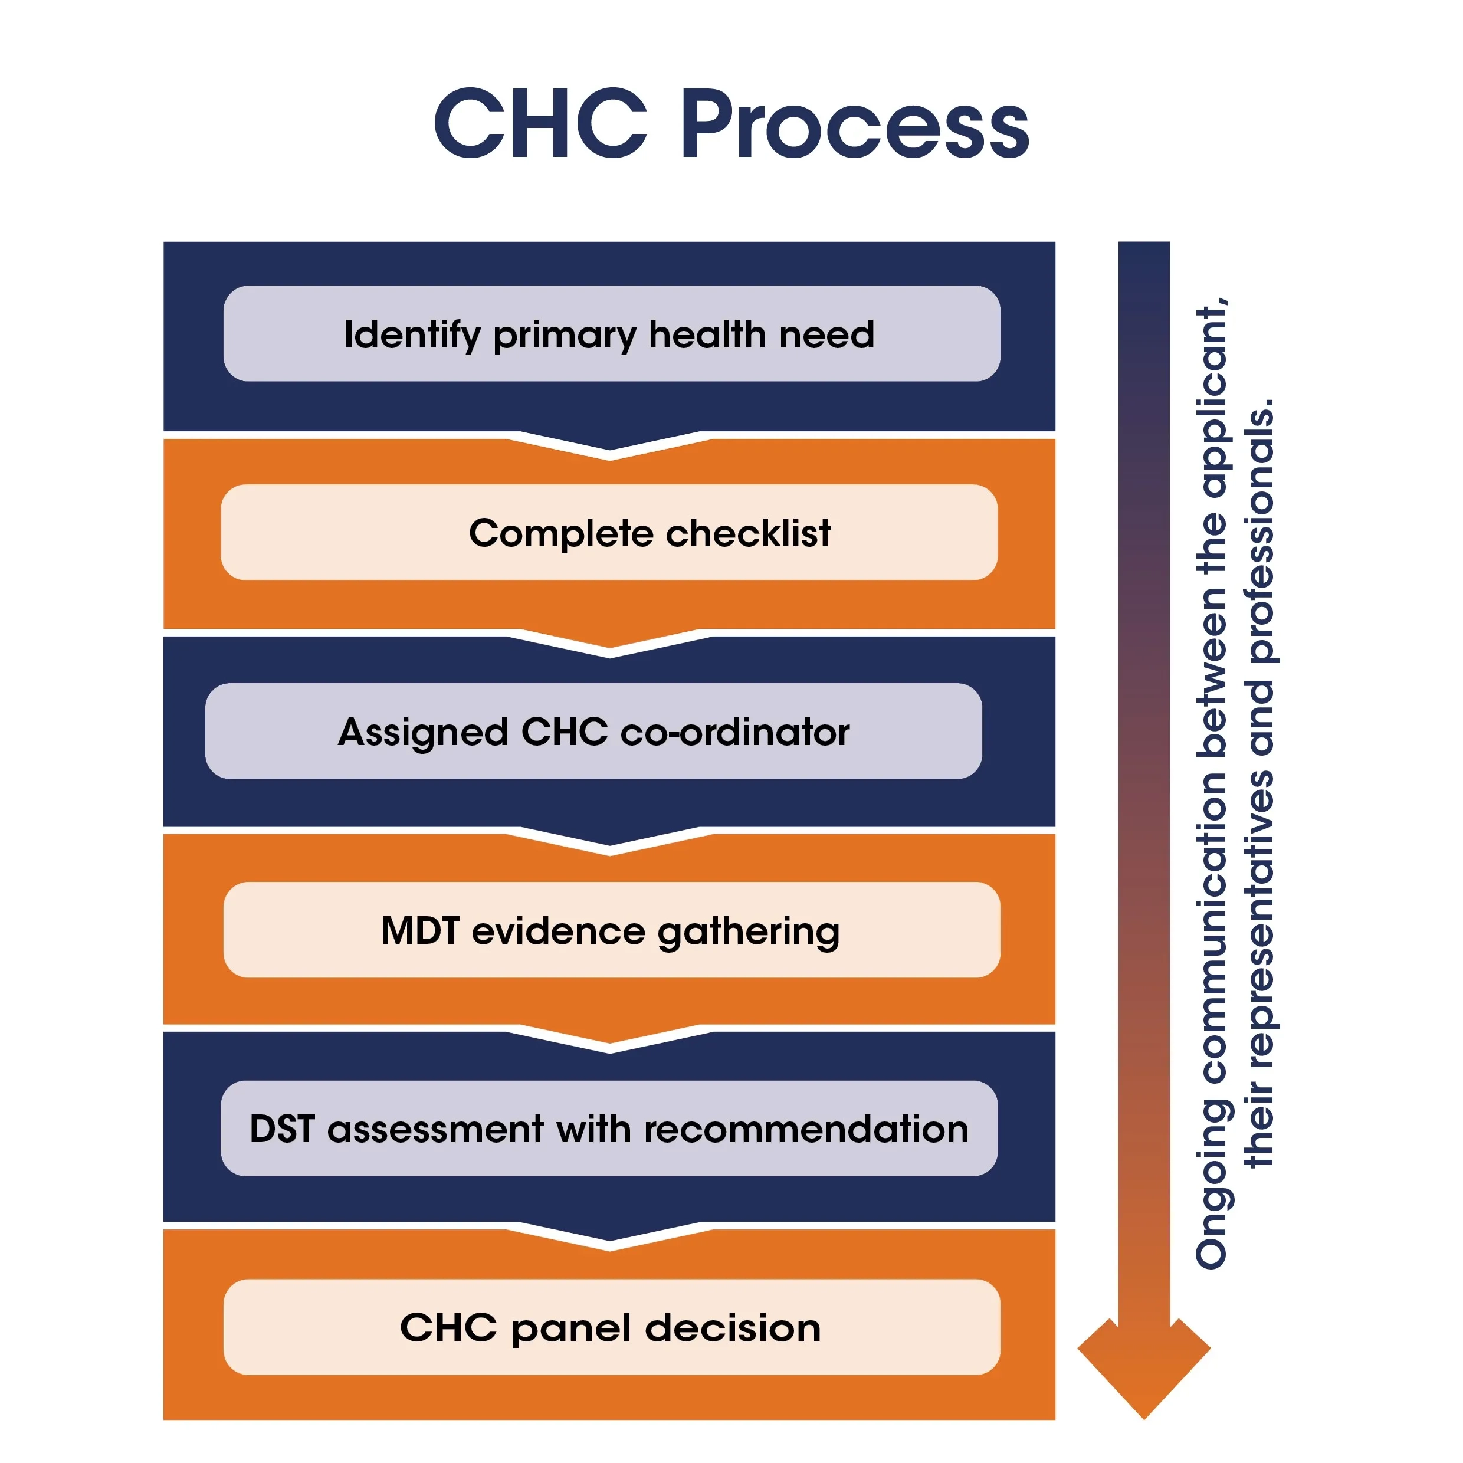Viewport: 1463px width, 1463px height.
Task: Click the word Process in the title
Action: (x=856, y=125)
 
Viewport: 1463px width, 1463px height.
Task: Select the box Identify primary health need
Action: (x=611, y=333)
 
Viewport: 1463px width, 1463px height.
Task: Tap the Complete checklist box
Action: (x=609, y=532)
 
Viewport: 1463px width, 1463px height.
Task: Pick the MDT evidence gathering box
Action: (x=611, y=930)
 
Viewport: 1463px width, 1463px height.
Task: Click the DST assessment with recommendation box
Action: (x=609, y=1129)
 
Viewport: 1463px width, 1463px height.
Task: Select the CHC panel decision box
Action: (x=611, y=1327)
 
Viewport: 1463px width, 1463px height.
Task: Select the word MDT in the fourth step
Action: (x=420, y=930)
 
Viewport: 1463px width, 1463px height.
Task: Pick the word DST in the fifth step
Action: (x=282, y=1129)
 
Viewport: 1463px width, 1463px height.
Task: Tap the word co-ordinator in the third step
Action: (x=734, y=731)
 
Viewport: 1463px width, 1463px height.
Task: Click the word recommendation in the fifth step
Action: (x=806, y=1129)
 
